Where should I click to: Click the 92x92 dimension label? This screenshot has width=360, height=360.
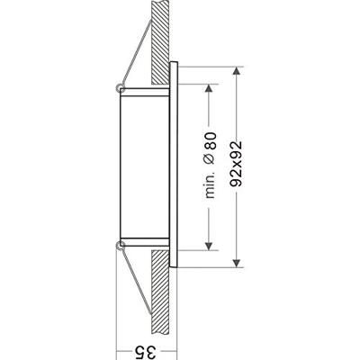(x=238, y=166)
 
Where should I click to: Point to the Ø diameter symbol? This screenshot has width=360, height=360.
(x=210, y=161)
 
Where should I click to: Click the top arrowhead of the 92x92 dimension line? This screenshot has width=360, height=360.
(x=238, y=71)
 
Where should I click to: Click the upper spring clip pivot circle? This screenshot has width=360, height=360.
(x=121, y=87)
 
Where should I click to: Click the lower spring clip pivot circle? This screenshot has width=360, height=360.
(x=121, y=245)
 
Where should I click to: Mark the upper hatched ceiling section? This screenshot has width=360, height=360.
(x=158, y=36)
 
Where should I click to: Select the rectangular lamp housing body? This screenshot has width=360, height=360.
(x=144, y=166)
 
